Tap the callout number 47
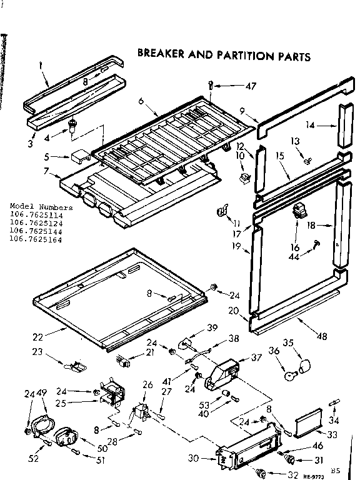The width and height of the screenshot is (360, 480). [251, 86]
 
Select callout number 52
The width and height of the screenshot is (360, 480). [32, 458]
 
